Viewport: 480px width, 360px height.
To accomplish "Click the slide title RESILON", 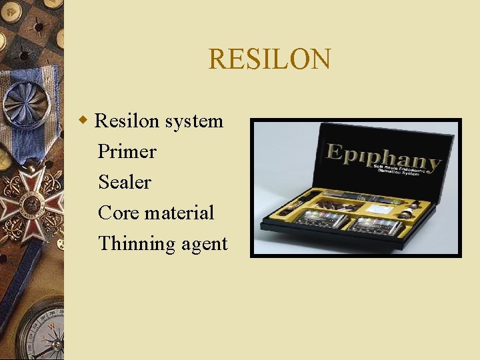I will tap(269, 59).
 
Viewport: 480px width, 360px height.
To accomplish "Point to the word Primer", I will tap(127, 152).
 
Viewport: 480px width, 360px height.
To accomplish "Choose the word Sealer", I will tap(125, 182).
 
